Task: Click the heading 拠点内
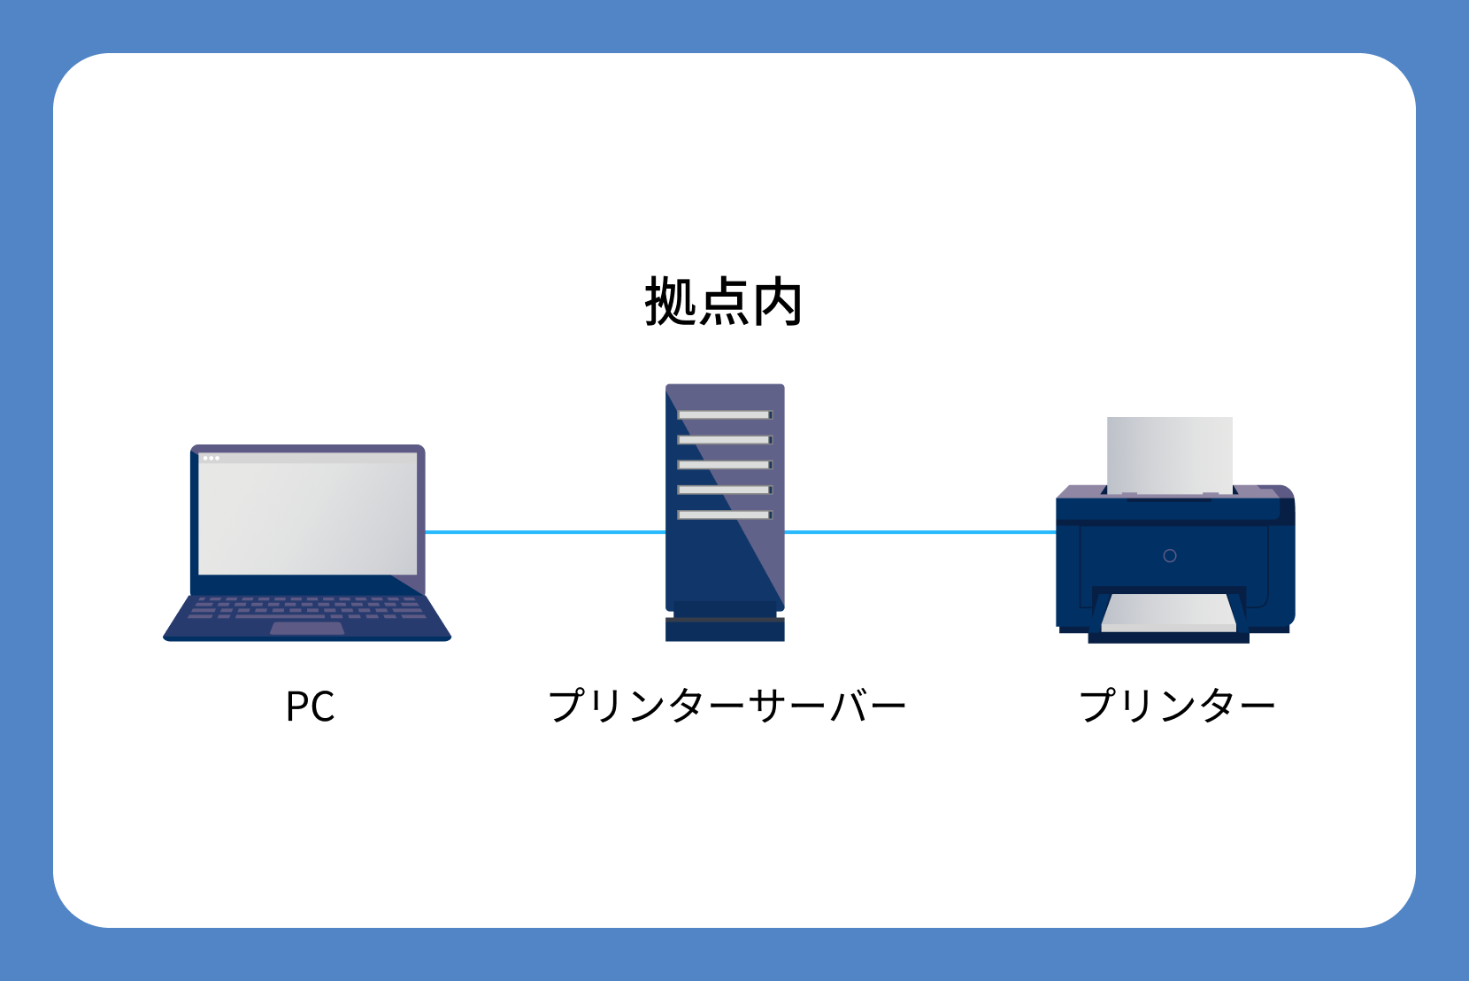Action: click(724, 302)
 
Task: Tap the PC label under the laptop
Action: click(310, 707)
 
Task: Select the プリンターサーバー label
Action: click(727, 707)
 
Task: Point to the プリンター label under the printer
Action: click(1176, 707)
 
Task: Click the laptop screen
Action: click(307, 514)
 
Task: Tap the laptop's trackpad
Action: click(307, 629)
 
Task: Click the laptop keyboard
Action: click(307, 607)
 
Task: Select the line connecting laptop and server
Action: click(544, 532)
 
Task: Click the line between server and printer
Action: click(920, 532)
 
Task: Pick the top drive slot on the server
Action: click(724, 414)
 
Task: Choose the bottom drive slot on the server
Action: click(724, 514)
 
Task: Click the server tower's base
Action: click(725, 628)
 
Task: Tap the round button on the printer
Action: click(1170, 556)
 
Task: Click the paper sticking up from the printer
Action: click(1170, 453)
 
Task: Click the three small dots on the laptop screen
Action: click(211, 458)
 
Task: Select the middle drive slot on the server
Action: click(724, 465)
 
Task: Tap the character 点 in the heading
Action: click(724, 302)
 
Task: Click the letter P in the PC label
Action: click(296, 707)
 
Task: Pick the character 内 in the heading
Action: click(777, 302)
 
